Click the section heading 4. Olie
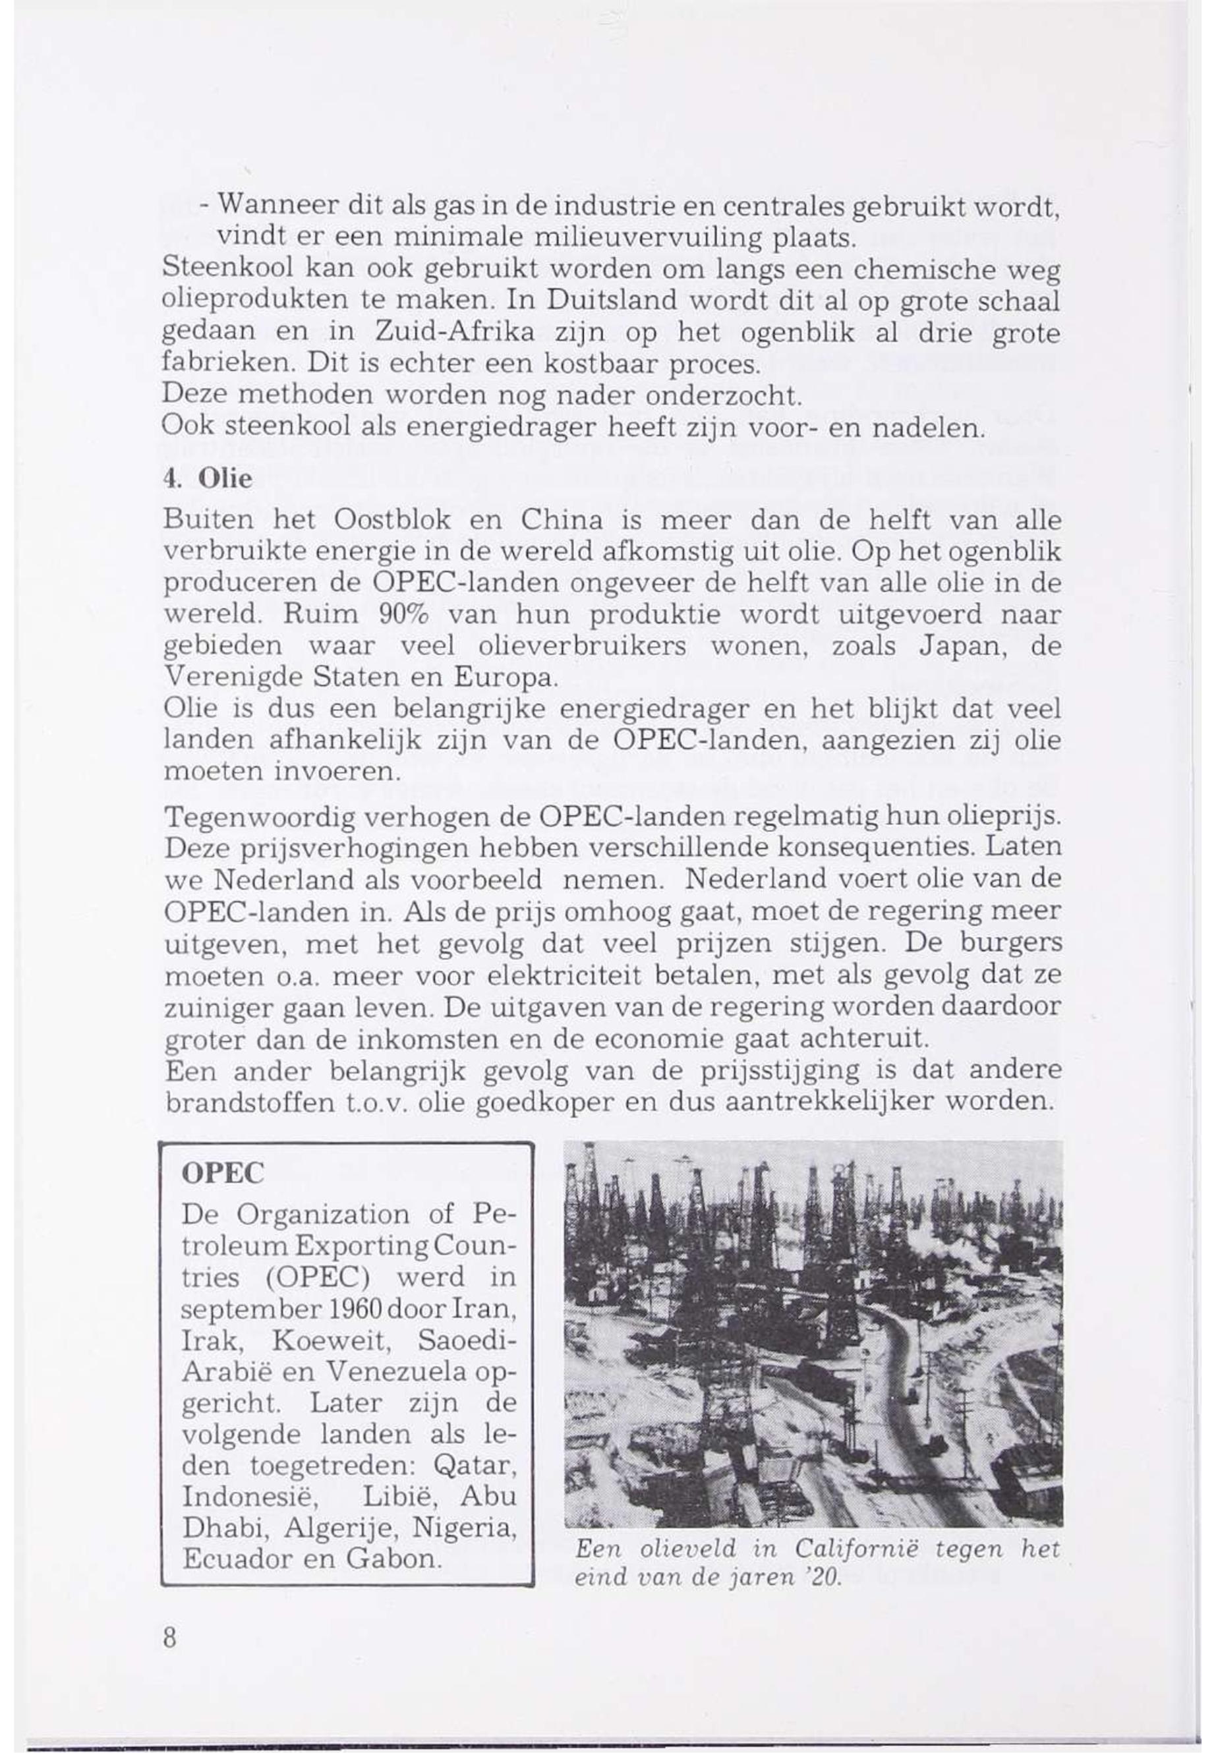click(x=207, y=479)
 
